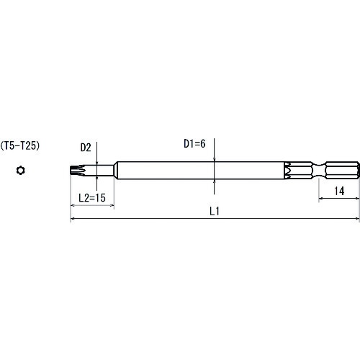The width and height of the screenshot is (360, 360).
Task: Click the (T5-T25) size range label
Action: pyautogui.click(x=20, y=145)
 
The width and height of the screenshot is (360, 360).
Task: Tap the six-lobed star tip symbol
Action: pyautogui.click(x=21, y=171)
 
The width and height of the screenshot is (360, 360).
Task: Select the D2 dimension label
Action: pyautogui.click(x=86, y=148)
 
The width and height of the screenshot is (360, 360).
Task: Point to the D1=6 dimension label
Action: pyautogui.click(x=194, y=144)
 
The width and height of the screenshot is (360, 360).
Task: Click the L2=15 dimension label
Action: pyautogui.click(x=92, y=197)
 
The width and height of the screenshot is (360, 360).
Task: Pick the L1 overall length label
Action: pyautogui.click(x=215, y=211)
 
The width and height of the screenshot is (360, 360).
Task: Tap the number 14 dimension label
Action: pyautogui.click(x=339, y=191)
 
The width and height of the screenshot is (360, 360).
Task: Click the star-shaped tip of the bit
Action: pyautogui.click(x=77, y=171)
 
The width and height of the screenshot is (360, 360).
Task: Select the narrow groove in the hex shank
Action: pyautogui.click(x=319, y=171)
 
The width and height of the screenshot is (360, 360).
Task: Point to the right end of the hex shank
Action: pyautogui.click(x=359, y=171)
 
